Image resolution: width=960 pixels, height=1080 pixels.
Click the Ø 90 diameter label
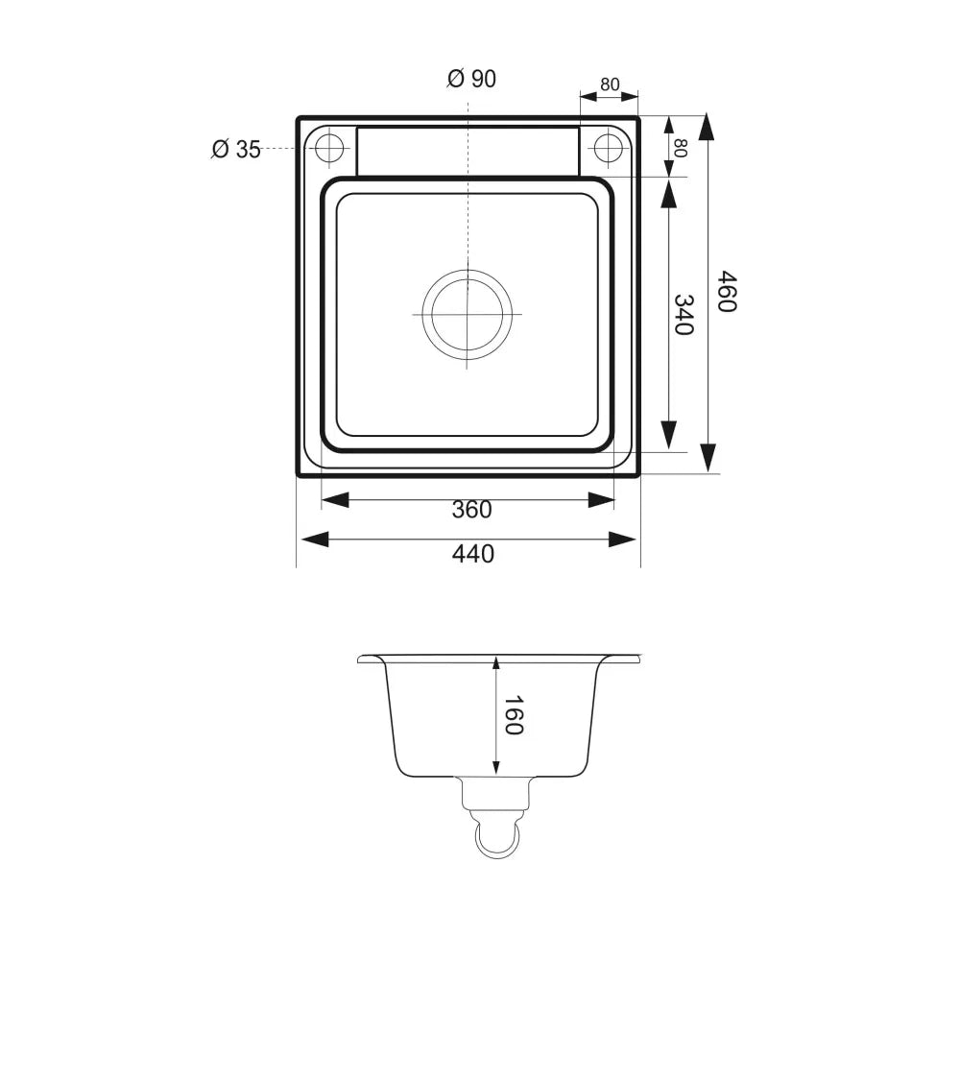pyautogui.click(x=471, y=79)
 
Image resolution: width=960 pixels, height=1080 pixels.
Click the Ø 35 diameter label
pyautogui.click(x=237, y=149)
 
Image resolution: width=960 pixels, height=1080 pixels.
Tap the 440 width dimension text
pyautogui.click(x=473, y=554)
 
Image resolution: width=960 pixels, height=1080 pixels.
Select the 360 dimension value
pyautogui.click(x=471, y=510)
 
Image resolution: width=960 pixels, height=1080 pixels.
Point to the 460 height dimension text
pyautogui.click(x=728, y=291)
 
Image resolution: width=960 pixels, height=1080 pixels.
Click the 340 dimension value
pyautogui.click(x=684, y=315)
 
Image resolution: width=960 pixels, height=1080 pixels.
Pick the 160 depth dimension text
pyautogui.click(x=514, y=715)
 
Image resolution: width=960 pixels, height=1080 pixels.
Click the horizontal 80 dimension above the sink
pyautogui.click(x=610, y=84)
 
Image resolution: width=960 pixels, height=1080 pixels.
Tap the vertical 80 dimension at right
pyautogui.click(x=680, y=148)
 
